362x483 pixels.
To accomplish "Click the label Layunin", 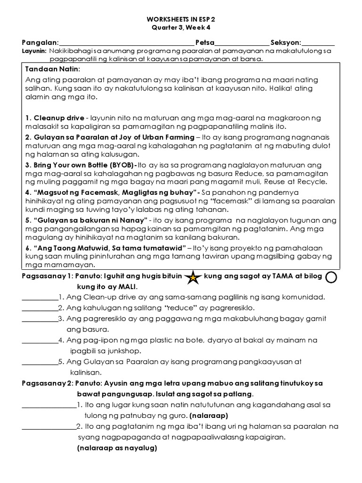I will pos(34,51).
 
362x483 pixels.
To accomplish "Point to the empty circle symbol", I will pos(331,278).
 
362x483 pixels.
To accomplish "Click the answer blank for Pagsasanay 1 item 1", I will pos(40,299).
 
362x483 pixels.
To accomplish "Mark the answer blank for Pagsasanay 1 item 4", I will pos(40,341).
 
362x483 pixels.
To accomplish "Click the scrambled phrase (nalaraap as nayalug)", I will pos(116,448).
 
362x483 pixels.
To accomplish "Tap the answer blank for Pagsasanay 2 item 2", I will pos(49,427).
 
